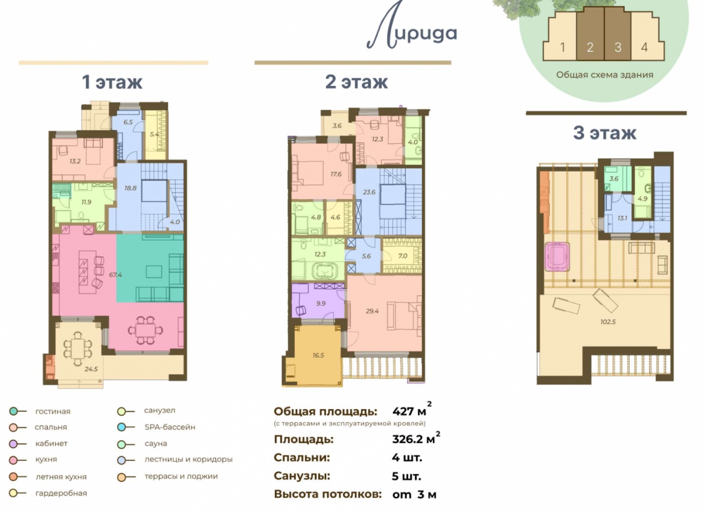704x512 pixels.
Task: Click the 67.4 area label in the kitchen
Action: point(116,275)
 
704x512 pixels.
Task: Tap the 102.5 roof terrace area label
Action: point(608,322)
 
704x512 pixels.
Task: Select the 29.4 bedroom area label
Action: point(372,311)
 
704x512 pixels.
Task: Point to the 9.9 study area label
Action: point(321,304)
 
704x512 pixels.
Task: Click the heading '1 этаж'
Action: point(112,82)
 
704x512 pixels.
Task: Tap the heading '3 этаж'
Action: point(605,133)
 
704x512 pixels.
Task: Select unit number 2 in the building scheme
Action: point(590,47)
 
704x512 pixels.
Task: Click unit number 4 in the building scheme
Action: point(644,47)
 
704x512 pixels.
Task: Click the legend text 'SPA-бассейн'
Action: point(170,427)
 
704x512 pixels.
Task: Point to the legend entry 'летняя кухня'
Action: point(61,476)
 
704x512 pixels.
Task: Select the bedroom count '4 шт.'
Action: point(406,458)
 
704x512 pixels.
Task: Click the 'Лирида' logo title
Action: point(412,28)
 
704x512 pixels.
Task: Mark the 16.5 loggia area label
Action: point(318,355)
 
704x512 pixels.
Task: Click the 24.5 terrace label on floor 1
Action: point(91,369)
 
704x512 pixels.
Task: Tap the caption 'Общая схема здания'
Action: point(604,75)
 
